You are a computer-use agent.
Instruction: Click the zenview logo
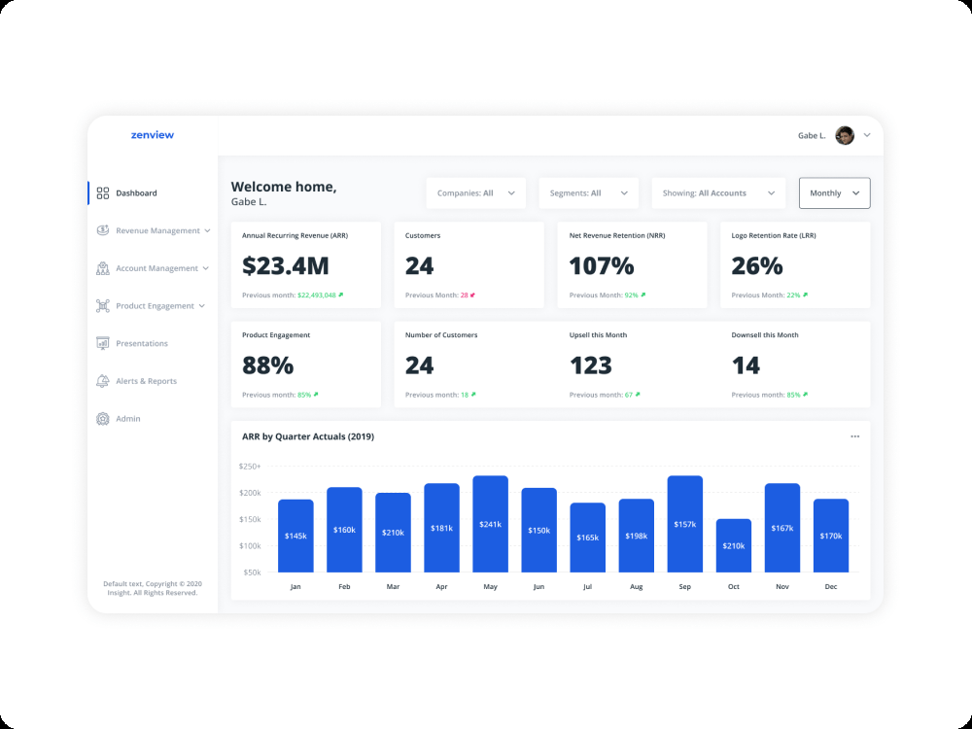coord(153,135)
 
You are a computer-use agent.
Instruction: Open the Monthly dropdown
coord(834,192)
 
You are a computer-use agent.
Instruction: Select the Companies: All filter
coord(476,192)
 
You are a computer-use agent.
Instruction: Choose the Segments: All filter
coord(588,192)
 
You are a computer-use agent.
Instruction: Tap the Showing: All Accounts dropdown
coord(718,192)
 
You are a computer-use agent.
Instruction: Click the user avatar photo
coord(845,135)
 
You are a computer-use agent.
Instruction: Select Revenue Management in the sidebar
coord(157,230)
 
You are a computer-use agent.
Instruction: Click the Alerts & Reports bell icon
coord(103,381)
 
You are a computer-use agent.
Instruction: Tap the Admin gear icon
coord(103,418)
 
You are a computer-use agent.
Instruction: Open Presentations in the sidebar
coord(141,343)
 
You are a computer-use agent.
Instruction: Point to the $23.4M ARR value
coord(286,265)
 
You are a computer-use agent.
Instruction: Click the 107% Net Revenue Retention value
coord(602,265)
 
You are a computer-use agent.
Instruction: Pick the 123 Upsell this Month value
coord(591,365)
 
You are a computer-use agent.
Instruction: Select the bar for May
coord(490,524)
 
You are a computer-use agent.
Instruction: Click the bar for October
coord(733,545)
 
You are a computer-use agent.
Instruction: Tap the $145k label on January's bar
coord(295,536)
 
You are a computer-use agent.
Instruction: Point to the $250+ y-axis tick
coord(250,467)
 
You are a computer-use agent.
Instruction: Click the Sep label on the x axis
coord(685,586)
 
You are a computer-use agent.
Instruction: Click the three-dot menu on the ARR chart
coord(854,436)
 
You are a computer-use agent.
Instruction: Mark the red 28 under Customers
coord(465,295)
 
